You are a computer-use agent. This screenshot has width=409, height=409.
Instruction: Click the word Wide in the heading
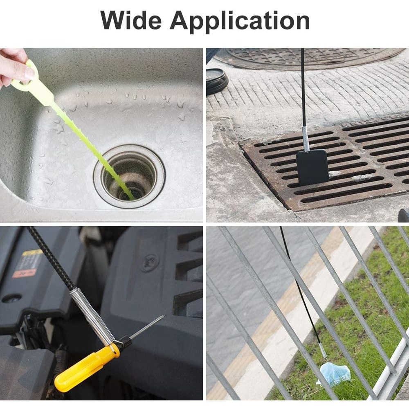pos(131,20)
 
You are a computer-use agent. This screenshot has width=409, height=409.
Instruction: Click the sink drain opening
pos(129,176)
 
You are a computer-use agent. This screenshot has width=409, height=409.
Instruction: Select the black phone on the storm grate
pos(312,167)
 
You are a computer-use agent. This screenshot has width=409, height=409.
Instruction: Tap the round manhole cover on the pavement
pos(308,58)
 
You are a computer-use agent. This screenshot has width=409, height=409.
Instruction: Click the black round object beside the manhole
pos(216,81)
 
